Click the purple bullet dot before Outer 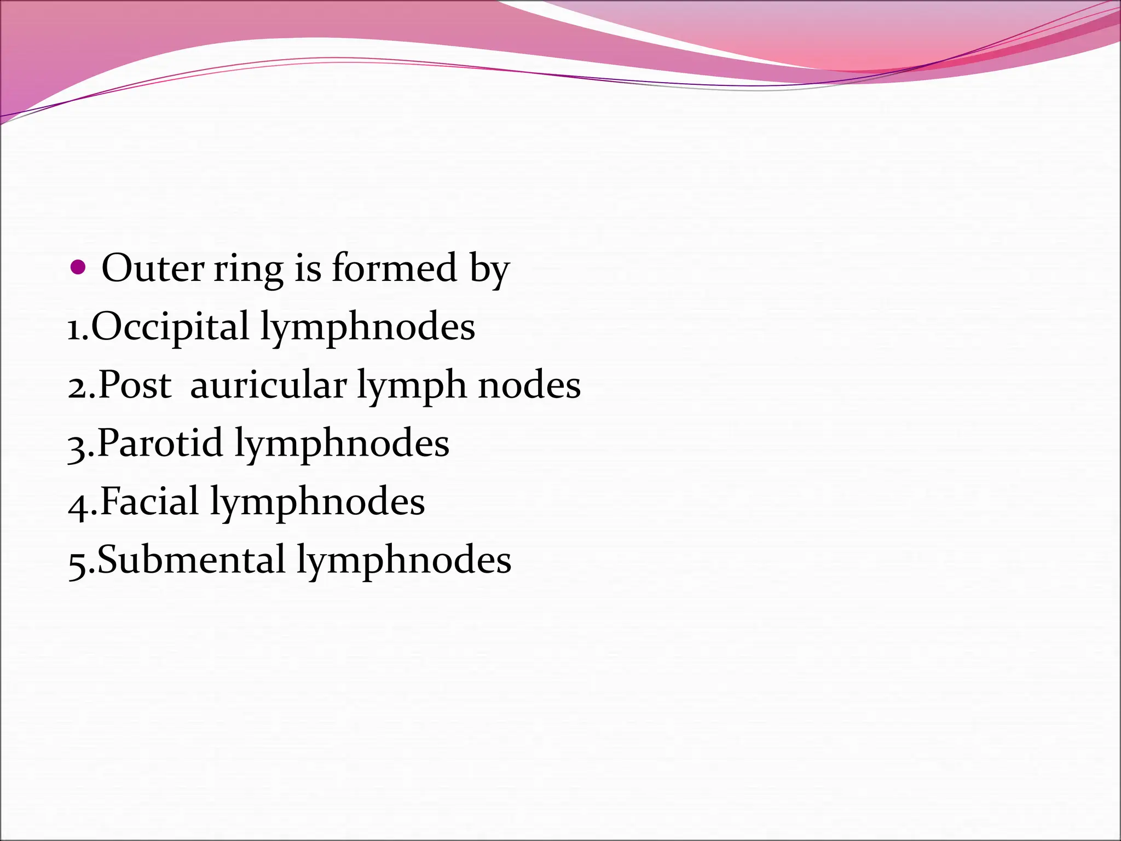coord(79,268)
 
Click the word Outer coord(153,268)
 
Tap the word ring coord(248,269)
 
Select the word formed coord(394,268)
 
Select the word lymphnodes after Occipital coord(367,327)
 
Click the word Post coord(135,385)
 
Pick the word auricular coord(268,385)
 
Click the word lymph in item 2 coord(412,386)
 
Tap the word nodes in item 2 coord(529,385)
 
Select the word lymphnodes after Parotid coord(342,444)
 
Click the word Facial coord(149,502)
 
